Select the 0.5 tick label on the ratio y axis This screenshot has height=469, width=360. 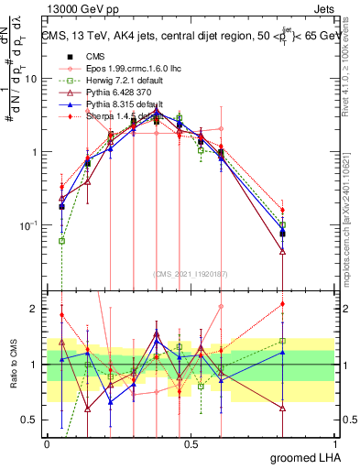pos(27,420)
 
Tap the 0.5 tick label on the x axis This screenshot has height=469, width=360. pos(191,443)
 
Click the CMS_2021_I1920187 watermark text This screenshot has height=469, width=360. pos(191,272)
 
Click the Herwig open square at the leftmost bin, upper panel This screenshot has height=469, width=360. pos(61,241)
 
